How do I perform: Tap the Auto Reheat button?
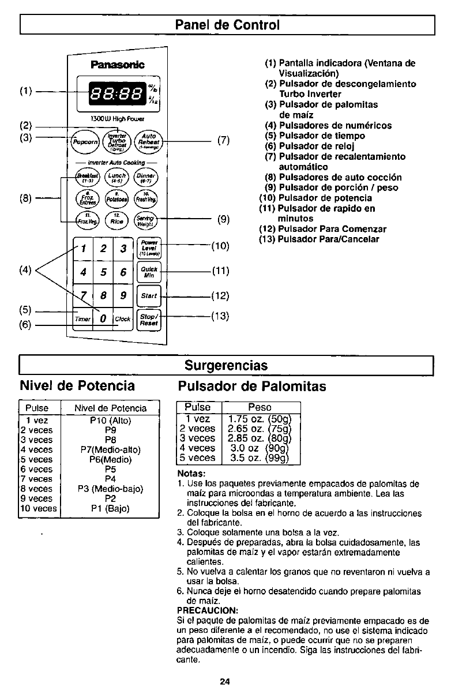[x=147, y=140]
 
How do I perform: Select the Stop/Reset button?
[x=149, y=319]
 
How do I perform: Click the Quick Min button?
[x=149, y=272]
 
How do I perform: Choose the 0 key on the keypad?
[x=100, y=318]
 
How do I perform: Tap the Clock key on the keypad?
[x=122, y=318]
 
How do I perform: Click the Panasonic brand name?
[x=117, y=63]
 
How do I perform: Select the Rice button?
[x=116, y=218]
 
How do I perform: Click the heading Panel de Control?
[x=227, y=25]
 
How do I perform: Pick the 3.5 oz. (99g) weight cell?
[x=251, y=458]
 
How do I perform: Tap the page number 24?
[x=225, y=681]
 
